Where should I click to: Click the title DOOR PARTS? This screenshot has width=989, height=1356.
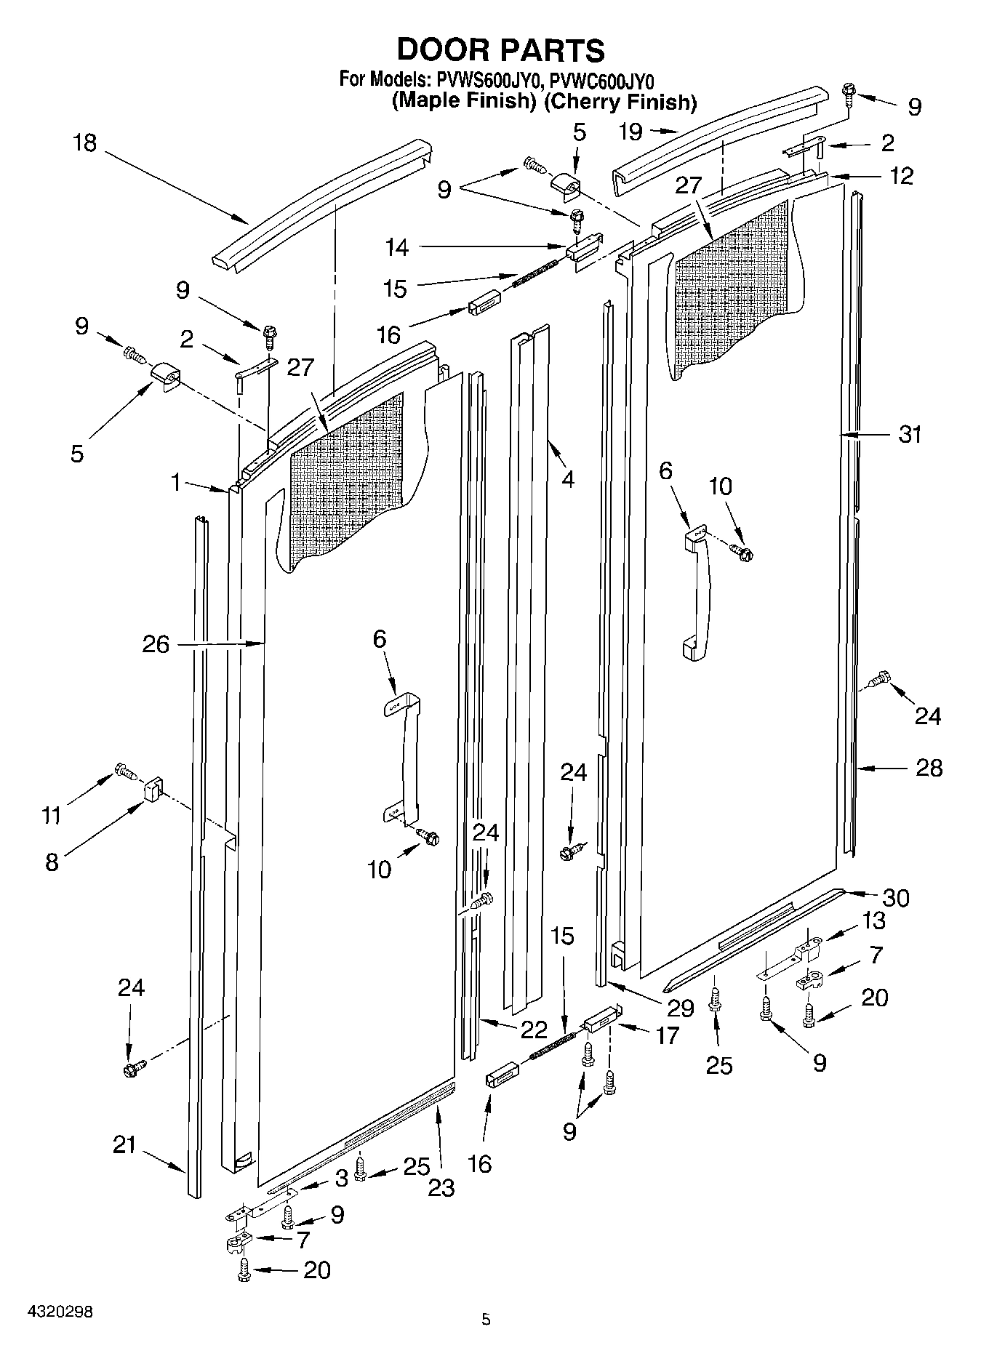[x=500, y=50]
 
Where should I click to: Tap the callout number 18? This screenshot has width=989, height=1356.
[x=85, y=143]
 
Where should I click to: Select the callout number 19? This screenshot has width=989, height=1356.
[x=630, y=132]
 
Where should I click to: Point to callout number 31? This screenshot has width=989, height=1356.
[x=910, y=435]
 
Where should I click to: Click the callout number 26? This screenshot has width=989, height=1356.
[x=156, y=644]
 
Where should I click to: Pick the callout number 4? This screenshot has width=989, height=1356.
[x=567, y=480]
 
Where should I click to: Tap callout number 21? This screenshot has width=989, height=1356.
[x=124, y=1145]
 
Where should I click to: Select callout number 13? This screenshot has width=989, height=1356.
[x=873, y=920]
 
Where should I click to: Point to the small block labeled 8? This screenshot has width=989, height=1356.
[x=153, y=788]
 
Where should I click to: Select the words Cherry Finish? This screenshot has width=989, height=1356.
[x=620, y=102]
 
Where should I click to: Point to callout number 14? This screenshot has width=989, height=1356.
[x=397, y=249]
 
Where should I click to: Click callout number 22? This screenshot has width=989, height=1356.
[x=534, y=1030]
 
